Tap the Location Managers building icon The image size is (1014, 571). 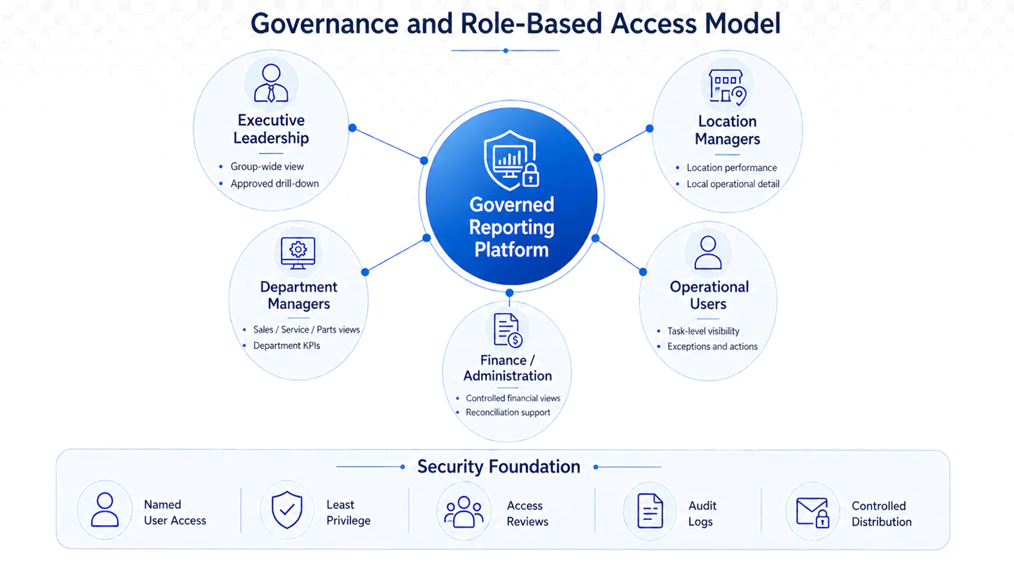coord(728,87)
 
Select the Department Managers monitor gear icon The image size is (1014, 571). coord(298,253)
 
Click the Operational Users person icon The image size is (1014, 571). coord(708,253)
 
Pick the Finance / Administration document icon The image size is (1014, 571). coord(508,330)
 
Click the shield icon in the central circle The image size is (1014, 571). coord(511,160)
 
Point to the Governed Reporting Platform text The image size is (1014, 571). coord(511,227)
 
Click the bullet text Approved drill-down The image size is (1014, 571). coord(275,184)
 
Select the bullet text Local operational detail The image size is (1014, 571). coord(733,184)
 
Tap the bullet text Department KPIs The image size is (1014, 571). coord(286,345)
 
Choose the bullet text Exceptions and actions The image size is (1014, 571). coord(712,346)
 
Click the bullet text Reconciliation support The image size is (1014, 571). coord(508,412)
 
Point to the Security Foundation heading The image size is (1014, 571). coord(499,467)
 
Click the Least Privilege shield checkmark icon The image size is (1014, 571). coord(286,510)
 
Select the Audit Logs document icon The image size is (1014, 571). coord(650,511)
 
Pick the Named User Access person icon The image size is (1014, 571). coord(104,509)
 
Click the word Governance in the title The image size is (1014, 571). coord(324,24)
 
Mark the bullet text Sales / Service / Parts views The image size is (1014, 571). coord(307,330)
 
